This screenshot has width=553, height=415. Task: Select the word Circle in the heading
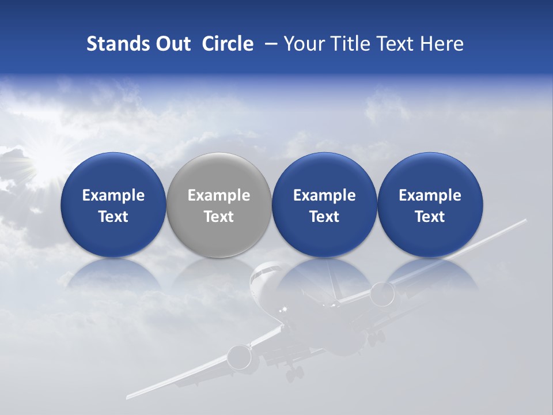coord(228,44)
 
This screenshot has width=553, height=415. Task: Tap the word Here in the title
coord(442,44)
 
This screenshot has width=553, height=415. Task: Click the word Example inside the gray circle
coord(219,195)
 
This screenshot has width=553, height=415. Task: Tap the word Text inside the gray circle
coord(219,217)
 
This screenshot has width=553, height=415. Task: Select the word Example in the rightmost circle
coord(430,195)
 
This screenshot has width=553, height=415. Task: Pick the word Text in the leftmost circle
coord(113,217)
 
